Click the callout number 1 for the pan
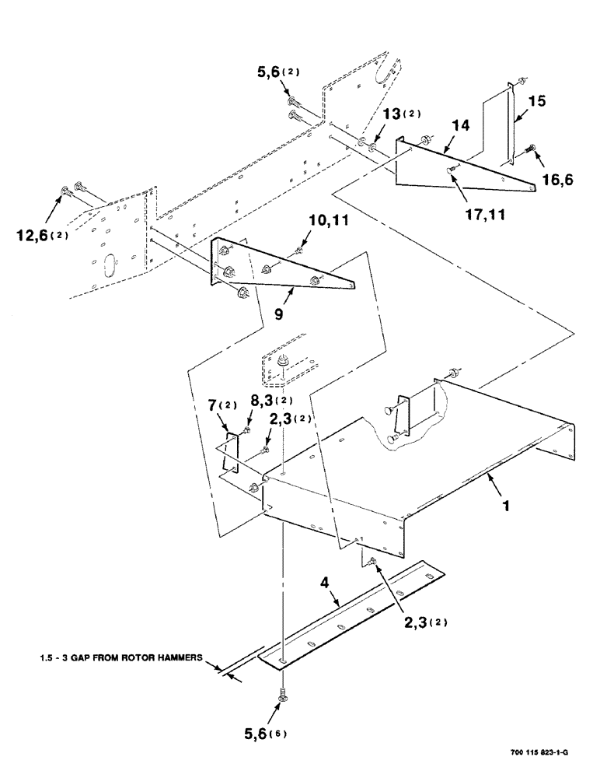506,505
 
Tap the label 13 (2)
400,114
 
